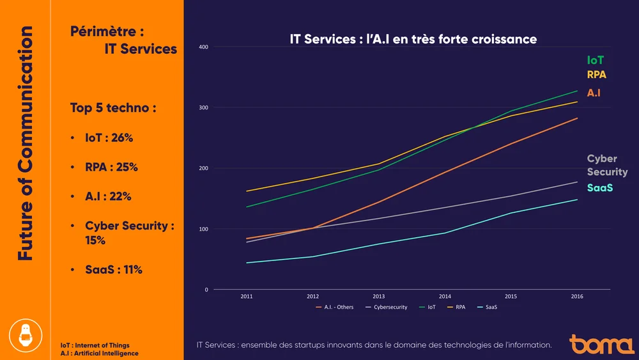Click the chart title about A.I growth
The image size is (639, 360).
(x=413, y=40)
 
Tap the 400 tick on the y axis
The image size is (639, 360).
(x=203, y=47)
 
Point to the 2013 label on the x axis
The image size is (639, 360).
(x=379, y=297)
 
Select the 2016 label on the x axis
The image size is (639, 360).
(x=577, y=297)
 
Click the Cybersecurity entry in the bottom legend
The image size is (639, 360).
(x=386, y=308)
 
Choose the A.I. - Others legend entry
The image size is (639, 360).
(x=334, y=308)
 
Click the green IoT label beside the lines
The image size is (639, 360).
(x=596, y=60)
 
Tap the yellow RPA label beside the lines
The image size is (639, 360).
(x=597, y=75)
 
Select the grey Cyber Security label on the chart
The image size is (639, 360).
(x=607, y=165)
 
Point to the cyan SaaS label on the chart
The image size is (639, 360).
(x=600, y=187)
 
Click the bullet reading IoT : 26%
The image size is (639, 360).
(x=109, y=138)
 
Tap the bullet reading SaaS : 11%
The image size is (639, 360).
(x=114, y=270)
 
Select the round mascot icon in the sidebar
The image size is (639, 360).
(x=26, y=334)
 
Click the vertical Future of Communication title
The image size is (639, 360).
(x=25, y=143)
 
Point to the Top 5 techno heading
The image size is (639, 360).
(x=113, y=108)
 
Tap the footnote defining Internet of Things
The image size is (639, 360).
(x=94, y=345)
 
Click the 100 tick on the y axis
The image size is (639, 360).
(x=203, y=229)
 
